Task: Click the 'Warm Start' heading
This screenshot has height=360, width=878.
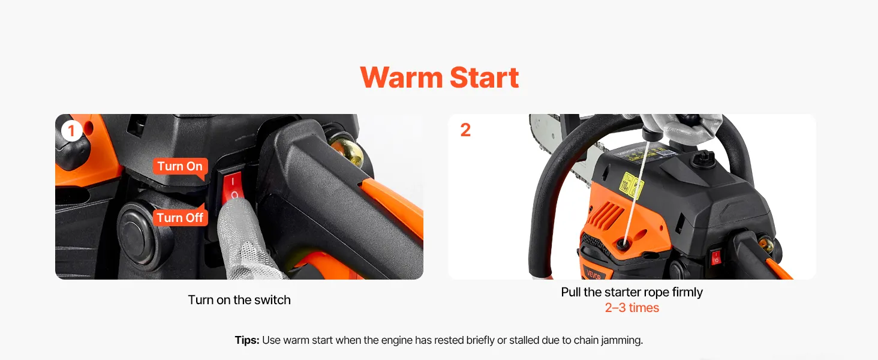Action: (440, 77)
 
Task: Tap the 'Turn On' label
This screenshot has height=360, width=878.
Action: (180, 166)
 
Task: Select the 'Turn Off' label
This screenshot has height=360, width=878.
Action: (180, 217)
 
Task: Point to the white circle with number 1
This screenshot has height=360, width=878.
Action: (71, 131)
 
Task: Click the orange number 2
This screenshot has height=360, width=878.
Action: (465, 130)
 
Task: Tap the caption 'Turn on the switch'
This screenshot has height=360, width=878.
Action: (239, 300)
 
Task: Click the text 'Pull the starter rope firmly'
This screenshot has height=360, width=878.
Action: (632, 292)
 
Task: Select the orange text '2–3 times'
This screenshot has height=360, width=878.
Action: (632, 308)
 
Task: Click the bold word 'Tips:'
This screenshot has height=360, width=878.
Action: (247, 340)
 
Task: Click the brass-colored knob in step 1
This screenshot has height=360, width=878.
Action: (347, 151)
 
